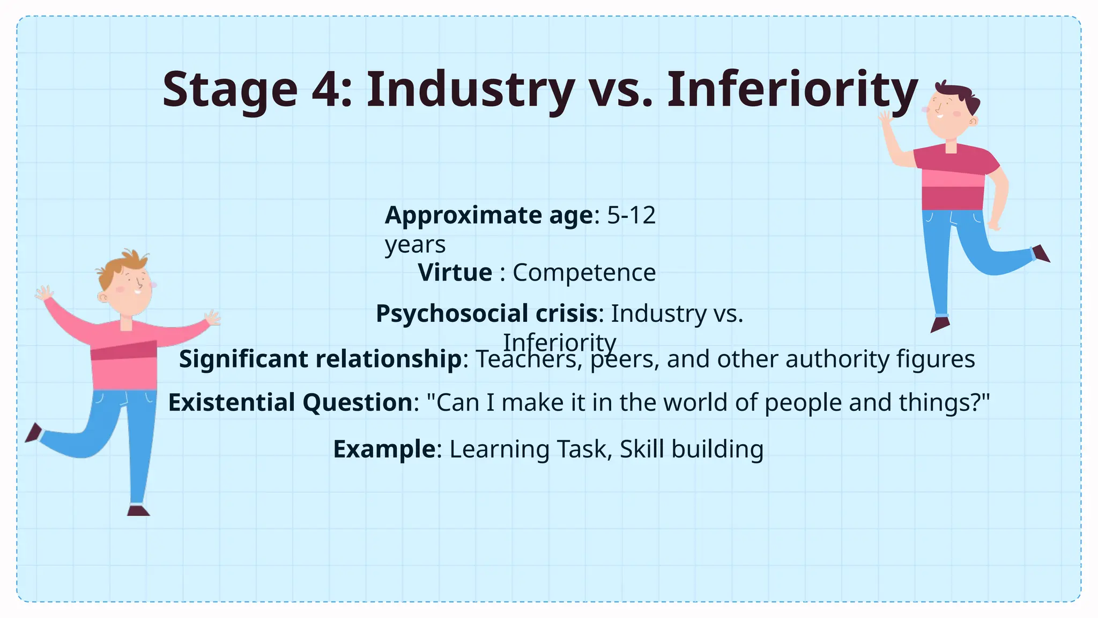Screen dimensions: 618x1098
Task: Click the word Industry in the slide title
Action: (470, 90)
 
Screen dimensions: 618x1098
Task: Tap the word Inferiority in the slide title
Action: (792, 90)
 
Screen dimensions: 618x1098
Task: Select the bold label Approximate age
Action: (489, 216)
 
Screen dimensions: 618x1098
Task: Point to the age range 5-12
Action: (631, 216)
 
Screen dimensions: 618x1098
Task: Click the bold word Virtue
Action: (455, 273)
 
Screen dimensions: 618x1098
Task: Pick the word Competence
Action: (584, 273)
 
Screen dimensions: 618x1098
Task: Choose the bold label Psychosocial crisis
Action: (487, 313)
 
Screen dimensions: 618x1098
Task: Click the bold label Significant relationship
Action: (320, 359)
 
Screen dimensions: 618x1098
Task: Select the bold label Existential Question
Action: (290, 402)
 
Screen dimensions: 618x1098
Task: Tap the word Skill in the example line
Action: (642, 449)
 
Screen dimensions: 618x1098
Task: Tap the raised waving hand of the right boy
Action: (885, 119)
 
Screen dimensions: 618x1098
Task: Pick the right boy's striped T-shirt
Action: (954, 177)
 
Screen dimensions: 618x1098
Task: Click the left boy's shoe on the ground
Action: (138, 510)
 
